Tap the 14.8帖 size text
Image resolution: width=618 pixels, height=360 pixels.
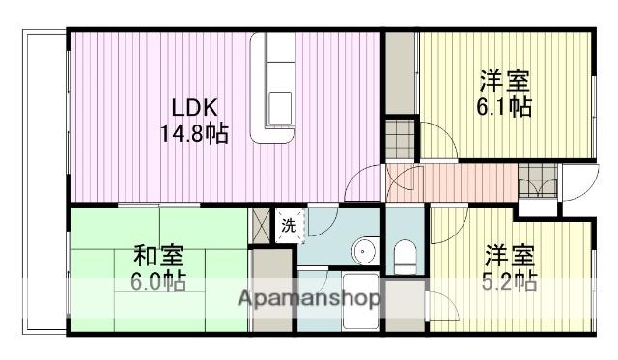[x=194, y=133]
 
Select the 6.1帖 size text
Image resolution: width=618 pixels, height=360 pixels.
[x=505, y=106]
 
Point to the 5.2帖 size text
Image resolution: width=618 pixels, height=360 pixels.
[x=510, y=282]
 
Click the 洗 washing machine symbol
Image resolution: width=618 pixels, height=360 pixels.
[x=289, y=226]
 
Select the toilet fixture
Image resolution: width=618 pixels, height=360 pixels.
[x=405, y=255]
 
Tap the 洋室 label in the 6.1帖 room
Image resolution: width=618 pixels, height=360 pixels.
[x=505, y=79]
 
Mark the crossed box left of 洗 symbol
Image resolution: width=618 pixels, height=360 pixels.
[x=261, y=223]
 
